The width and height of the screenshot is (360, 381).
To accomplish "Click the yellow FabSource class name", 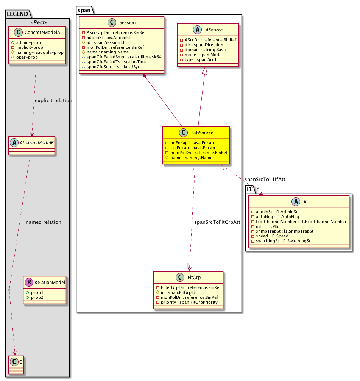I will [x=203, y=133].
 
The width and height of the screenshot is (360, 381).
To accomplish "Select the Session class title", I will [x=127, y=23].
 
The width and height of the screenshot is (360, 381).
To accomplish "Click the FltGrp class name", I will [x=193, y=278].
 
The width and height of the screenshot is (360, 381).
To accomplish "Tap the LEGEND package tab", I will [x=17, y=14].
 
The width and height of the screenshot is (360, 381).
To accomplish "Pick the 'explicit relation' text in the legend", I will [x=53, y=101].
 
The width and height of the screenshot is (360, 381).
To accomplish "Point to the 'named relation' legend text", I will [x=43, y=222].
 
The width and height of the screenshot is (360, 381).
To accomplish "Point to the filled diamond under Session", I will [x=144, y=77].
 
